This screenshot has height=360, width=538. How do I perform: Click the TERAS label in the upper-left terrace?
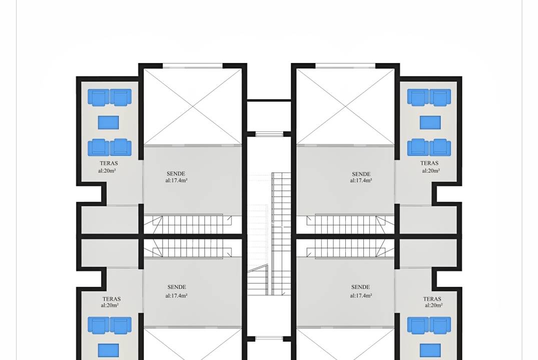point(109,163)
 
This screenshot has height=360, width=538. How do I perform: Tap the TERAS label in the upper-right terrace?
point(429,163)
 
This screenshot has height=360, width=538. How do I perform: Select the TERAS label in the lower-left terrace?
point(112,299)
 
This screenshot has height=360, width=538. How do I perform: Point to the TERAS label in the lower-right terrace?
point(432,299)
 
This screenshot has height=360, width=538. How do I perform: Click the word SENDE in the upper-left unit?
point(176,174)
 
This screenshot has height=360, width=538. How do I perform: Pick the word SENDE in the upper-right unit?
point(361,174)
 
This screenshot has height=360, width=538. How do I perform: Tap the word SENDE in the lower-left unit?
point(177,287)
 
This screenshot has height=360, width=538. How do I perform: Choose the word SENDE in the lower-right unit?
point(360,287)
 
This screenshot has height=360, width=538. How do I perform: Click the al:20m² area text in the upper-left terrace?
point(107,170)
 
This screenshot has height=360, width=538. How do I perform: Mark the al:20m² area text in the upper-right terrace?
point(431,170)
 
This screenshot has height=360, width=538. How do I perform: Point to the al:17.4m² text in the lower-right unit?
point(361,295)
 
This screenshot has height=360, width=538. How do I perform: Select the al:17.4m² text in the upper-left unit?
point(176,180)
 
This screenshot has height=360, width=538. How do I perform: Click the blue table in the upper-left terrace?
point(109,122)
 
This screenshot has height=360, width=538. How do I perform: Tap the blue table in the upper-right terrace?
point(430,122)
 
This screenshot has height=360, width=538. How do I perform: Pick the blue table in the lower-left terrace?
point(109,350)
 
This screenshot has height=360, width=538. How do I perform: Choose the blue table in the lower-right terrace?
point(430,350)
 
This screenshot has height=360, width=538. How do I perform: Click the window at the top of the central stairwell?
point(269,134)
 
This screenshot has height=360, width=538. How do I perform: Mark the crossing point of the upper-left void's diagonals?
point(193,106)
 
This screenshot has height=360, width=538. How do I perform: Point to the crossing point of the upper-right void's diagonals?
point(345,106)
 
